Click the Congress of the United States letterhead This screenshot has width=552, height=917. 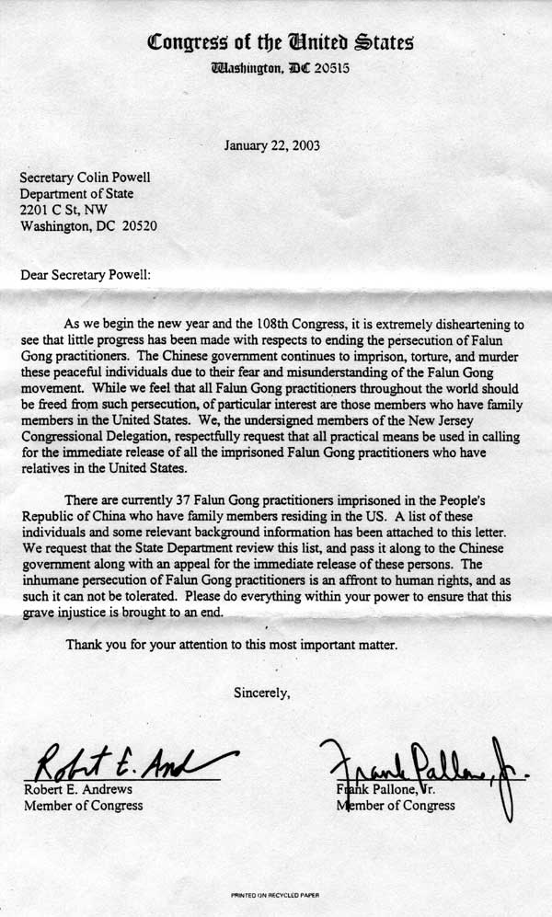point(282,41)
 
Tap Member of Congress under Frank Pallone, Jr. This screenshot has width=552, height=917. point(396,806)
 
